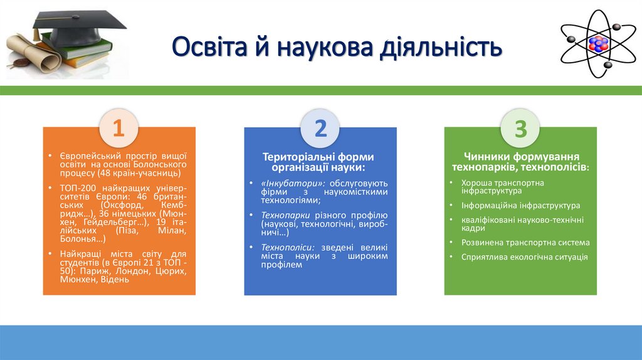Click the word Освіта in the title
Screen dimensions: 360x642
click(211, 48)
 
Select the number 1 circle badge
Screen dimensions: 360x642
click(118, 129)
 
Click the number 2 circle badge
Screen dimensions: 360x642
click(320, 129)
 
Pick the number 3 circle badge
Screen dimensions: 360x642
click(520, 129)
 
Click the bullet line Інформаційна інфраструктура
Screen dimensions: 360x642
click(520, 205)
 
